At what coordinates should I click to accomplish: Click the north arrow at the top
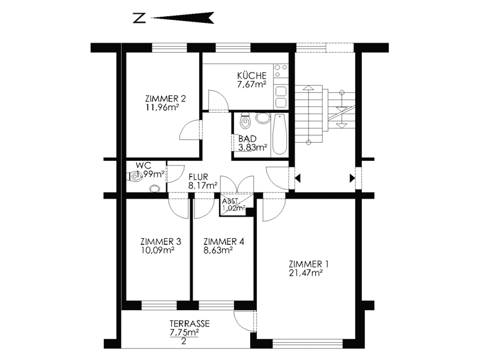pos(182,18)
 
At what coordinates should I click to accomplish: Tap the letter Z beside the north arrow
pos(139,18)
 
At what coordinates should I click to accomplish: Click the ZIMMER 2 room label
pos(166,98)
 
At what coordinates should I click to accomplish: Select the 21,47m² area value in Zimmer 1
pos(306,273)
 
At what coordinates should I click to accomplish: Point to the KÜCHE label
pos(251,76)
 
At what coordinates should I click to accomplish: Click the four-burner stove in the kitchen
pos(281,70)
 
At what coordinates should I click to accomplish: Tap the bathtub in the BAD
pos(279,134)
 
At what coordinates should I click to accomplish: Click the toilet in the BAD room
pos(245,121)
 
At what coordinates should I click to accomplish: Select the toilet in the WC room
pos(134,176)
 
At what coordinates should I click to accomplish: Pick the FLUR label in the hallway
pos(198,177)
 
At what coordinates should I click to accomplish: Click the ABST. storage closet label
pos(230,201)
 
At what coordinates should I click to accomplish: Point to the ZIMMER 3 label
pos(161,242)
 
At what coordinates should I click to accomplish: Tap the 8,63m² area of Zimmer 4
pos(218,250)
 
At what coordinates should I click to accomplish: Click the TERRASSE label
pos(190,323)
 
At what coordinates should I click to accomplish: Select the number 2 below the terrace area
pos(184,341)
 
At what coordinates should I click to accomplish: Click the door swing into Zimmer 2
pos(190,130)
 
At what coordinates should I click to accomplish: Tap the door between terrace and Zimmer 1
pos(245,321)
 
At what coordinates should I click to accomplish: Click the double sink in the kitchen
pos(281,97)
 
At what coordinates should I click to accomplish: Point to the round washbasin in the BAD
pos(263,118)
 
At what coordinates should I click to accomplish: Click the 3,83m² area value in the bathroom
pos(253,148)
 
